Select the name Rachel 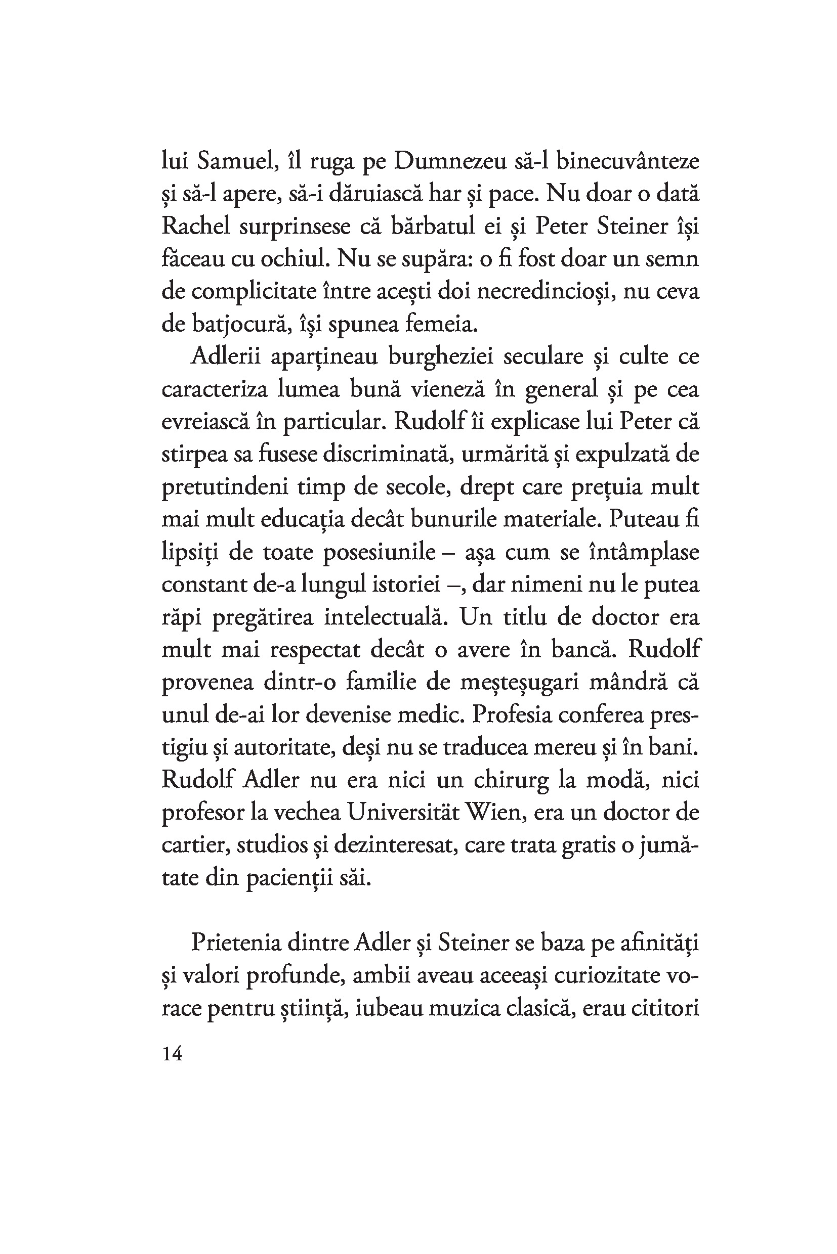click(196, 227)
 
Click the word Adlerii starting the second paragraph click(225, 356)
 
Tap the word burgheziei click(441, 356)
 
